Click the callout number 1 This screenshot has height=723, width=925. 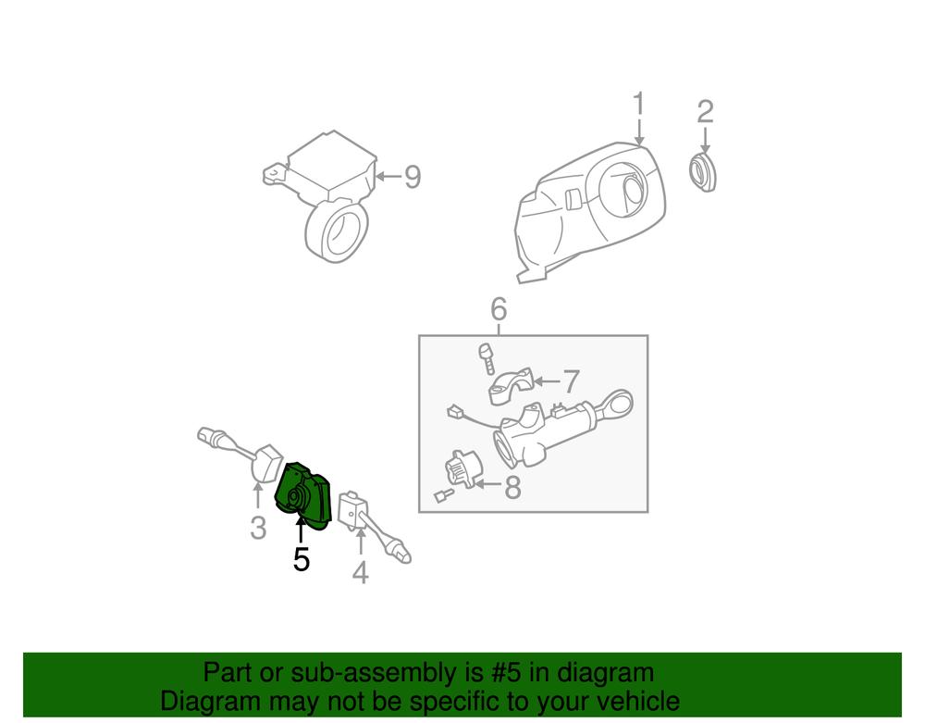point(639,104)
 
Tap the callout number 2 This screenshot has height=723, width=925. point(705,111)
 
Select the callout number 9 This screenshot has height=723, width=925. point(413,177)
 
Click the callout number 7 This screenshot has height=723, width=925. point(571,381)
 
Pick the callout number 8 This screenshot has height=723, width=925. point(512,488)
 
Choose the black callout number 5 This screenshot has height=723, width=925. point(301,559)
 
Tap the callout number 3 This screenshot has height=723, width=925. point(258,528)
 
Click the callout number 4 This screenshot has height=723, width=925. point(361,572)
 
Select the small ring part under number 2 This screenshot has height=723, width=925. point(703,172)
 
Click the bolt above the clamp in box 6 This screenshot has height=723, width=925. point(487,359)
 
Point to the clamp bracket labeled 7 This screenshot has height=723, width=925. point(511,387)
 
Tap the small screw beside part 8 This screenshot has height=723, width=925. point(444,495)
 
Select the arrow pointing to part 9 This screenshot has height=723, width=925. point(388,176)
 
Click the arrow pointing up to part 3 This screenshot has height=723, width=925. point(258,496)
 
